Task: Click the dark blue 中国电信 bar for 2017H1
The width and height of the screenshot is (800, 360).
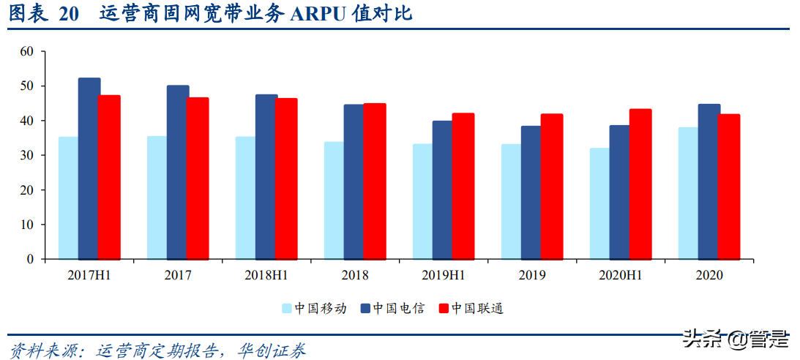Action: [89, 168]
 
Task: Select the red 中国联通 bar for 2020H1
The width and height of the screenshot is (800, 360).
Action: [640, 184]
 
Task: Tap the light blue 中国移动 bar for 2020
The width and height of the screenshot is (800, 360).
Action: [688, 193]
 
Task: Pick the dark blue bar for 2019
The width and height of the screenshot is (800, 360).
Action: [531, 192]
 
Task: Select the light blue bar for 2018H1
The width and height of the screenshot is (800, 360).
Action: [245, 198]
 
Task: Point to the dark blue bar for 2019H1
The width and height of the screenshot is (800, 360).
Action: [442, 190]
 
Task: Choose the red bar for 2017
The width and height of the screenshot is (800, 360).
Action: [198, 178]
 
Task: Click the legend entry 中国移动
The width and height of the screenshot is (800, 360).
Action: [315, 308]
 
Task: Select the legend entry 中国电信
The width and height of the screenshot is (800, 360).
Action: [392, 308]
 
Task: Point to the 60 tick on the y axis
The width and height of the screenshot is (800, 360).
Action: [28, 51]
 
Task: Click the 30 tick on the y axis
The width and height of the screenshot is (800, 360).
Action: [28, 155]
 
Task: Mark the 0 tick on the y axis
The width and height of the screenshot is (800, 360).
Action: [31, 259]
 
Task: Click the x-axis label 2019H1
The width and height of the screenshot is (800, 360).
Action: [443, 275]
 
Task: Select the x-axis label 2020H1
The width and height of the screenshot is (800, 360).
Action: [620, 275]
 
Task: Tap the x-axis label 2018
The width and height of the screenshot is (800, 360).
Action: [355, 275]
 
